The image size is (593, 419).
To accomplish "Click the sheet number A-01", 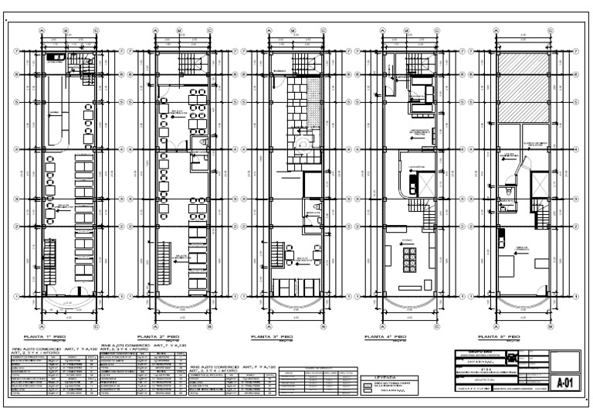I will [568, 383].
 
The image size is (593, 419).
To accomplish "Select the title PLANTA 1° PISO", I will [43, 338].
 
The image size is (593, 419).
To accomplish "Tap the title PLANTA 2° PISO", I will [158, 338].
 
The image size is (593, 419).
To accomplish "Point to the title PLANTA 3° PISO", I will [272, 338].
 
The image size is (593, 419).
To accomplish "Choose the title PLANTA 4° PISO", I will [385, 338].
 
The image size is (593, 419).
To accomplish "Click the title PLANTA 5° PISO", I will [499, 338].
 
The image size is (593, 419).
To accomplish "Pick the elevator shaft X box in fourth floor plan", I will [412, 186].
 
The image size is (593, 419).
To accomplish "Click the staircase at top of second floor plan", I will [189, 65].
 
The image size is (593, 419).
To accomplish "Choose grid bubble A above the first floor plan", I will [42, 31].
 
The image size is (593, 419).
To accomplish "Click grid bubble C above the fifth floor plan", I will [551, 31].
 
